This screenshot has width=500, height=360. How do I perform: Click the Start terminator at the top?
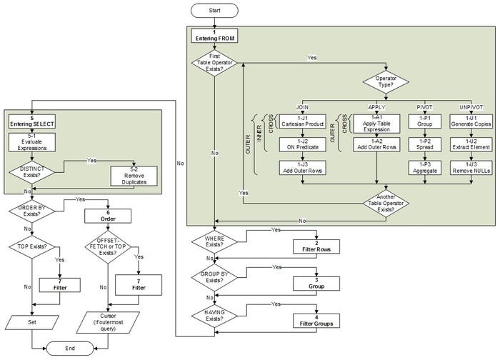(x=215, y=10)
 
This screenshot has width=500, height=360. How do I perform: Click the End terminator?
(x=70, y=347)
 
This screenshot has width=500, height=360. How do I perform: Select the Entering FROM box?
(x=215, y=36)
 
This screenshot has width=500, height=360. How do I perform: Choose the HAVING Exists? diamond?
(x=215, y=316)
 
